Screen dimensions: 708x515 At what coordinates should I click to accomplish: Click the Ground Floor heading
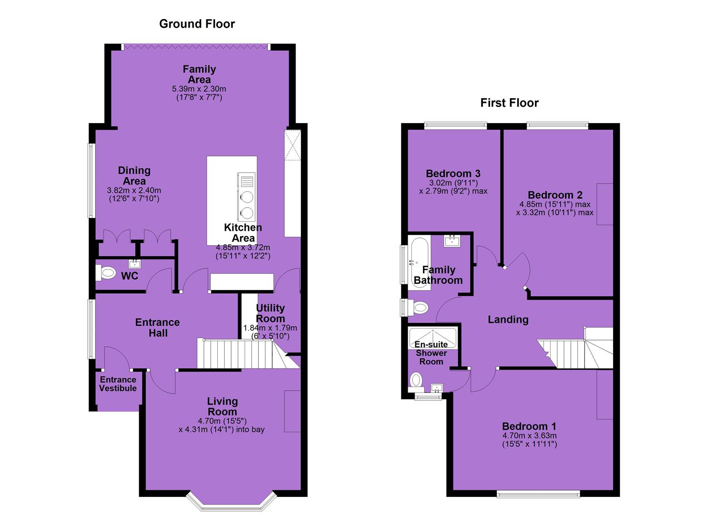pos(197,24)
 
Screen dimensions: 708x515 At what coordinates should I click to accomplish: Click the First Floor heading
pos(509,103)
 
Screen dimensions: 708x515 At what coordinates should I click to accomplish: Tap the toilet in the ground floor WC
pos(106,273)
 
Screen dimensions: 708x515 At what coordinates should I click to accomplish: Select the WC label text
pos(130,276)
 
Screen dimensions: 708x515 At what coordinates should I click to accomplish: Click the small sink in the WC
pos(134,264)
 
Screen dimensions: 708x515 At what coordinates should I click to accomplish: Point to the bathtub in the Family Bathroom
pos(420,263)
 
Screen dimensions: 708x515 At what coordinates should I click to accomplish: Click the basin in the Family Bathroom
pos(452,241)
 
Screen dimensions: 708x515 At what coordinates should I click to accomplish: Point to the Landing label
pos(508,319)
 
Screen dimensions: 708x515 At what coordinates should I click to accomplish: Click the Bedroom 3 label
pos(453,174)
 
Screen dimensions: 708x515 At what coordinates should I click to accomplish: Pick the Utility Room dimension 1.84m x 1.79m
pos(270,328)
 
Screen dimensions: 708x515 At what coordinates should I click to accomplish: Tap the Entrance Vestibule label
pos(118,384)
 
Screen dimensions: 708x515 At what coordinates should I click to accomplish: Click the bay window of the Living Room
pos(232,501)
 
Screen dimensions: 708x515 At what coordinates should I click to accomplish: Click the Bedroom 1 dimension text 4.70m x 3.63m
pos(529,436)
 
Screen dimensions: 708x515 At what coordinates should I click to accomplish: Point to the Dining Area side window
pos(91,181)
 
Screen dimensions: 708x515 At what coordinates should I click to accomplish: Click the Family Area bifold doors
pos(196,47)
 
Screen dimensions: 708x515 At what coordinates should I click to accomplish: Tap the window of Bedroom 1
pos(538,494)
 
